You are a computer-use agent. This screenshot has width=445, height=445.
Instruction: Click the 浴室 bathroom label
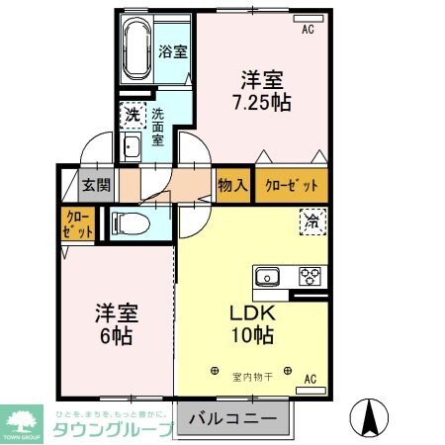pos(173,51)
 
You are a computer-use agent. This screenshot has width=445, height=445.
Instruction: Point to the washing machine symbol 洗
pos(132,115)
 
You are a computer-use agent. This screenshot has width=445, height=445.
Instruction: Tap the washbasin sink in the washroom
pos(132,149)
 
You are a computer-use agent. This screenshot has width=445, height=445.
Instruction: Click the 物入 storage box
pos(232,185)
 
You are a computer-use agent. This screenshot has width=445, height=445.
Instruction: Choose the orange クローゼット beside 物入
pos(291,185)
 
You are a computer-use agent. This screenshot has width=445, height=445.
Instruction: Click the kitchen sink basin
pos(268,276)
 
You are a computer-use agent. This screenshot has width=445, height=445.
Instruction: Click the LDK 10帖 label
pos(254,323)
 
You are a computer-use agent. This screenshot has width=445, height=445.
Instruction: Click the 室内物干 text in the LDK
pos(253,375)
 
